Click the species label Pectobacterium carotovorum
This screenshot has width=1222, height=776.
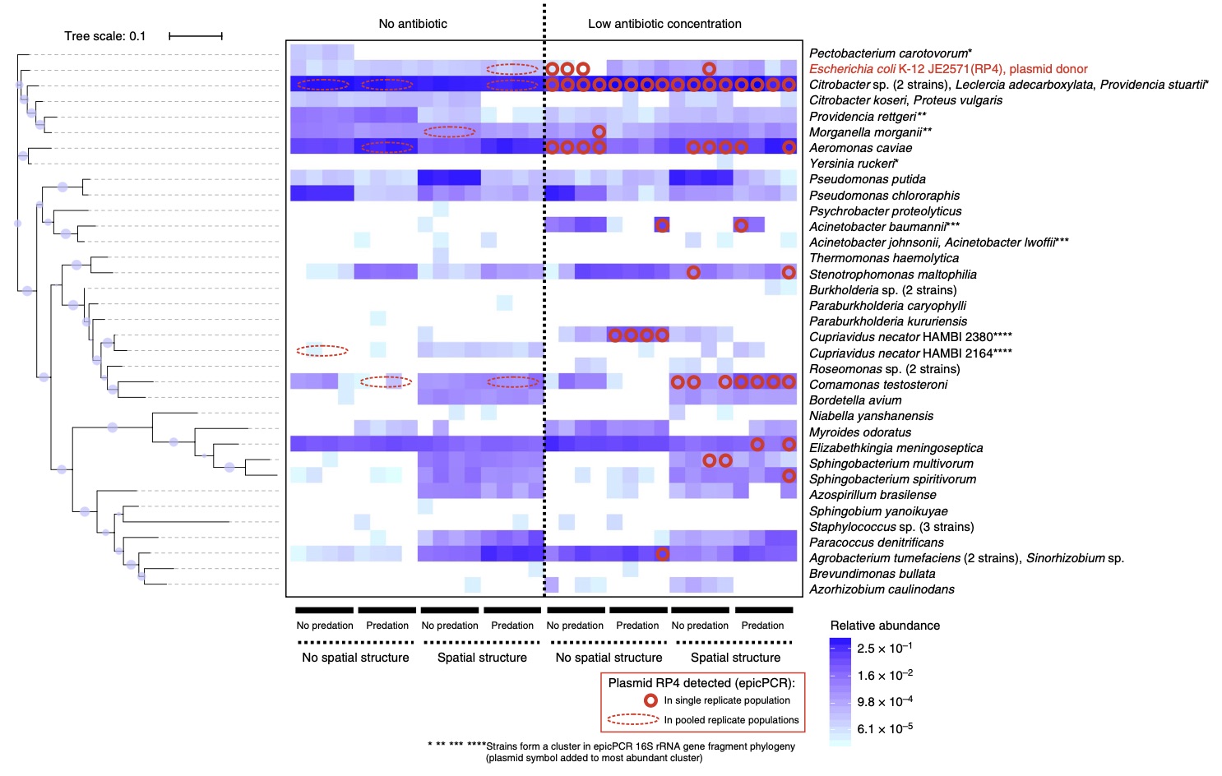pos(890,53)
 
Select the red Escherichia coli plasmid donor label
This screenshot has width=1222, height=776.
pos(948,69)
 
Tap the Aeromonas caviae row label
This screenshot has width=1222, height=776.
pos(860,148)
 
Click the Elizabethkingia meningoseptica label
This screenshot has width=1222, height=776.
pos(896,448)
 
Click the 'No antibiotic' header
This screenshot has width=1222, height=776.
pos(413,24)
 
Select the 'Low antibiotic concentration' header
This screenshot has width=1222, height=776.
pos(664,24)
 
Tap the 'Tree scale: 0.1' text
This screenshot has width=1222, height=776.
pos(105,36)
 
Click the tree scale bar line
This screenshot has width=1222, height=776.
pos(196,36)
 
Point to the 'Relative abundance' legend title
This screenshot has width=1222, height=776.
pos(885,626)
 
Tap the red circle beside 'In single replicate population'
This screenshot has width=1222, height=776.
pos(650,700)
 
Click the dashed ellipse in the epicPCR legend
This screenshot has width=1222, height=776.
pos(633,719)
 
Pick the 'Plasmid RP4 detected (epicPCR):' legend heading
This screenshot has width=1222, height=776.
pos(701,683)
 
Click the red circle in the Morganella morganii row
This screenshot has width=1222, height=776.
pos(599,132)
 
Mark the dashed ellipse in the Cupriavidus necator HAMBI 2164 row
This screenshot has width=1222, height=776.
pos(322,351)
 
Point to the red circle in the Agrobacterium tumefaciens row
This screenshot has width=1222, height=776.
pos(662,554)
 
